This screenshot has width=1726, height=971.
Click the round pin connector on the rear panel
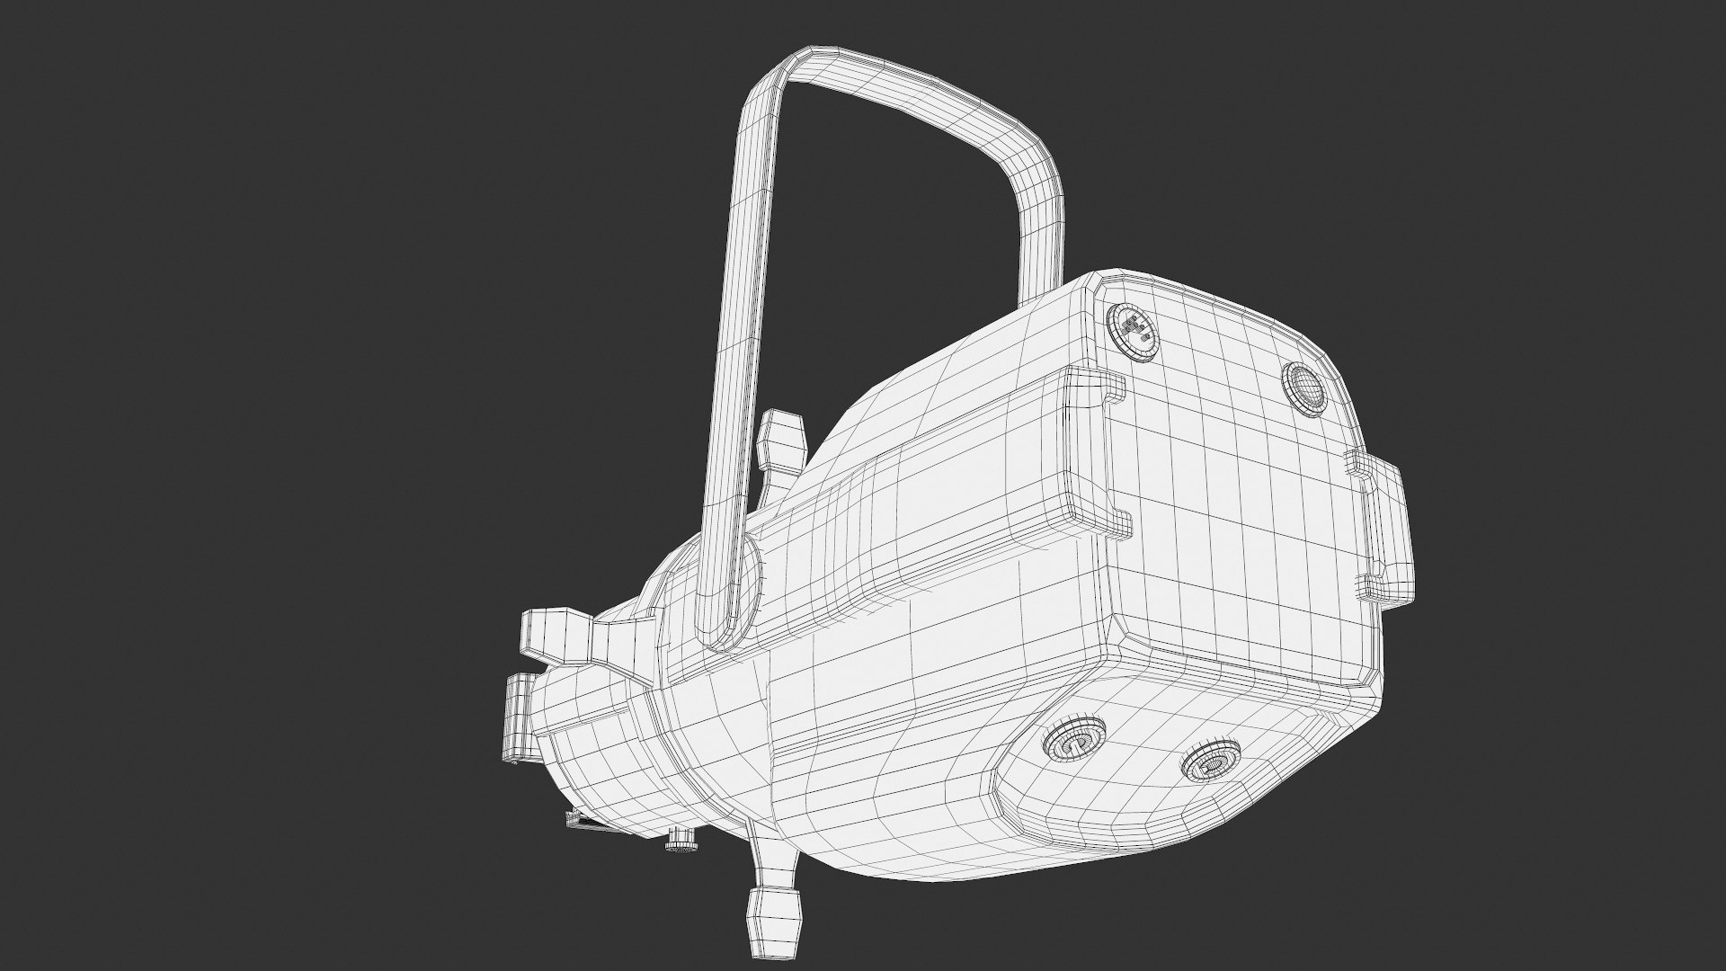click(1132, 331)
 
